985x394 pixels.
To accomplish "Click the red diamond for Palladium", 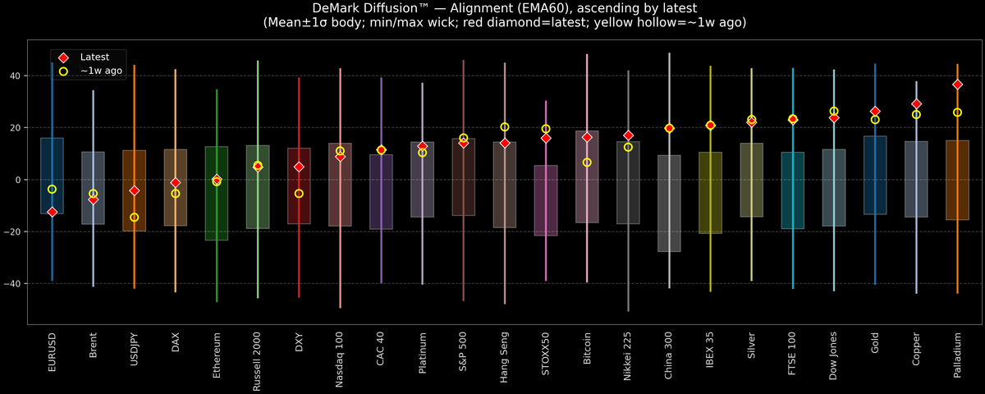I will pos(957,85).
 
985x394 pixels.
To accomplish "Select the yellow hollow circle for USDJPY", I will pos(134,218).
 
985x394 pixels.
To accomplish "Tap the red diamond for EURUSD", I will pos(52,212).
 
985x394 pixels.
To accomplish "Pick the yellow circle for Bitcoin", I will pos(587,163).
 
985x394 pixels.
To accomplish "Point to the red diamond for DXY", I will pos(299,167).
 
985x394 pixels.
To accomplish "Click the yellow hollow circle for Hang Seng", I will pos(505,127).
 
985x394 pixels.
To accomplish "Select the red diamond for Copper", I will pos(916,104).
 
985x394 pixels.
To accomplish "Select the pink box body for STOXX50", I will pos(546,201).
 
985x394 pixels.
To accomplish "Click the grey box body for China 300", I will pos(669,204).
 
